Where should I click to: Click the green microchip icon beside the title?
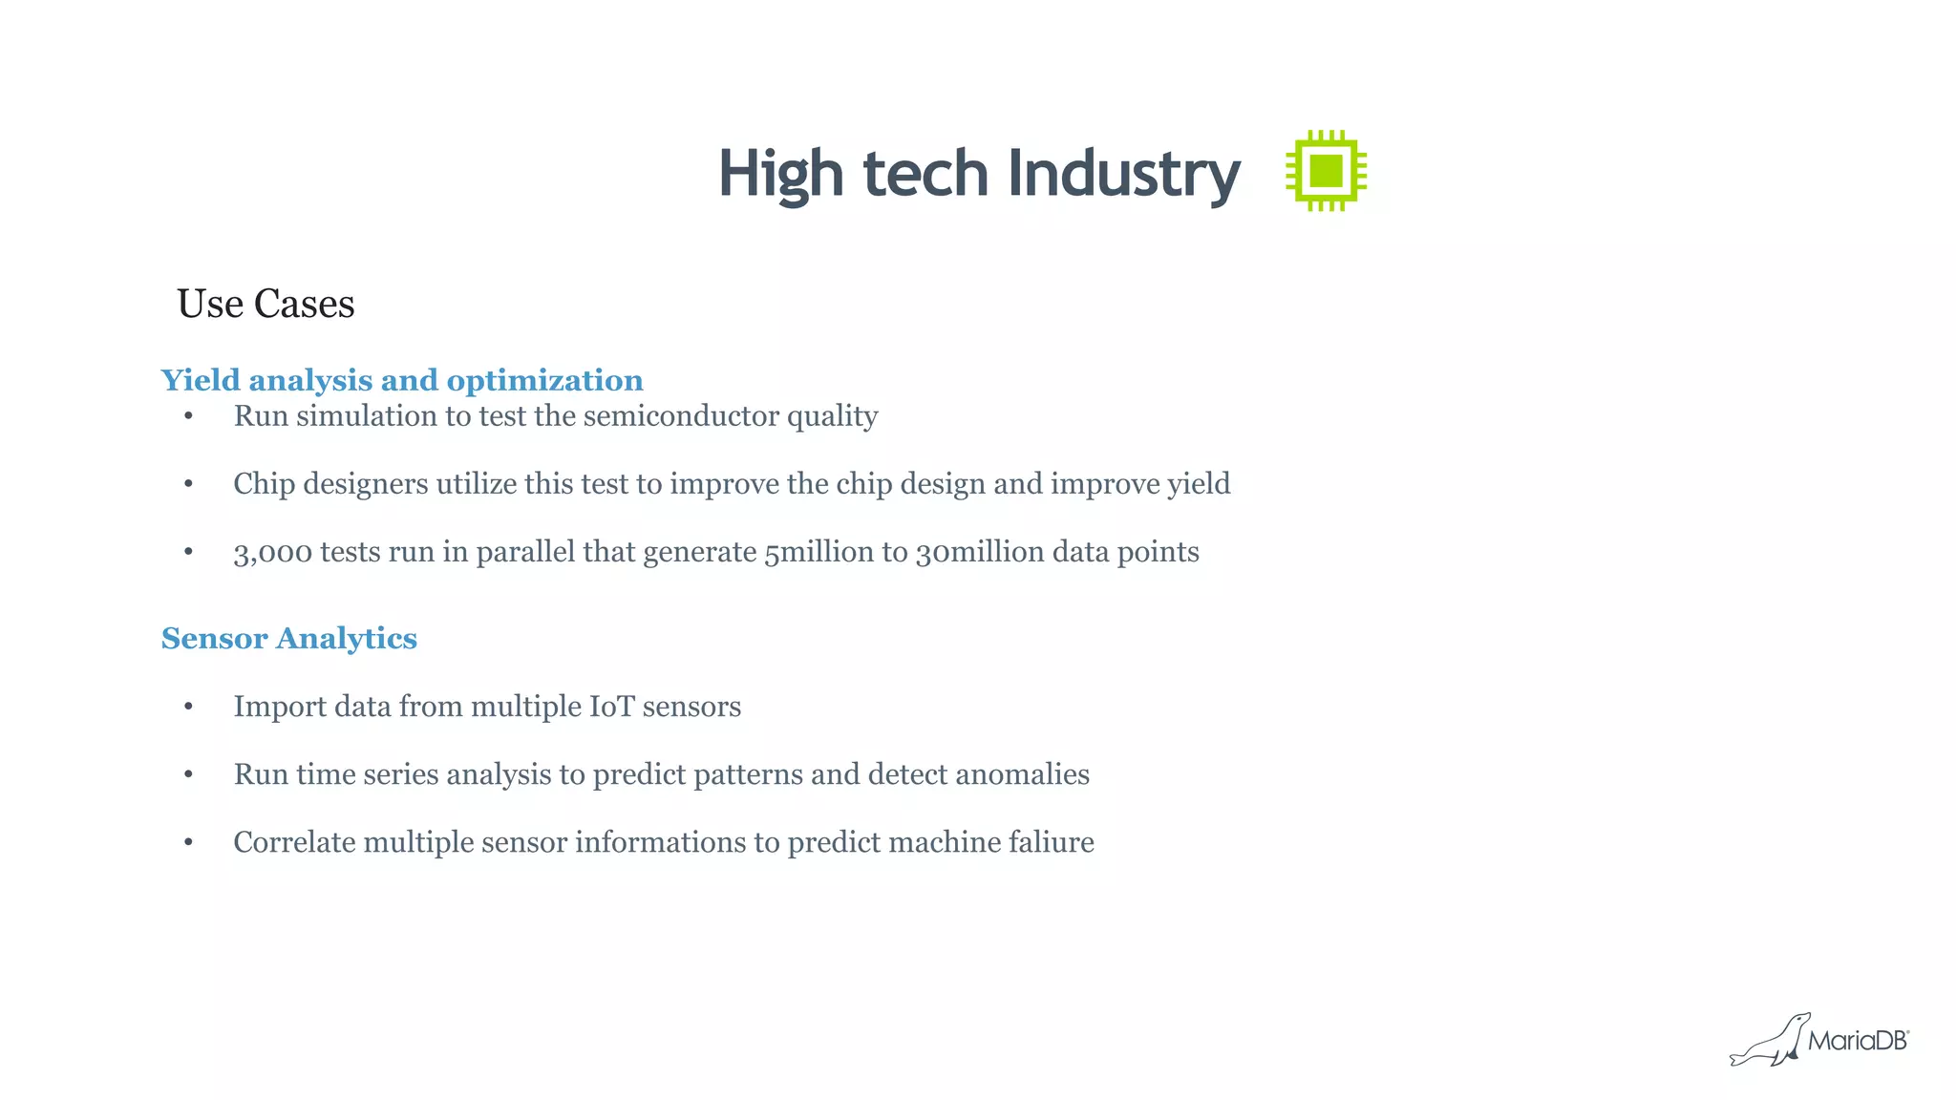[1326, 171]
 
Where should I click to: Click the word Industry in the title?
[1123, 175]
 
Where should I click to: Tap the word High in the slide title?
[781, 175]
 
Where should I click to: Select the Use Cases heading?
[266, 304]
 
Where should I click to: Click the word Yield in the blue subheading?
[201, 380]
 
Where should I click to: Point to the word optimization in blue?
[544, 380]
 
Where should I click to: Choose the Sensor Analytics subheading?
[288, 638]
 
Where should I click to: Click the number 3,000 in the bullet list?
[272, 552]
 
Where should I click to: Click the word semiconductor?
[681, 416]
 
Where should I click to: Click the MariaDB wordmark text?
[1858, 1041]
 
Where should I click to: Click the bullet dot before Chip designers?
[189, 484]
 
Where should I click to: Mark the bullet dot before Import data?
[189, 707]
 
